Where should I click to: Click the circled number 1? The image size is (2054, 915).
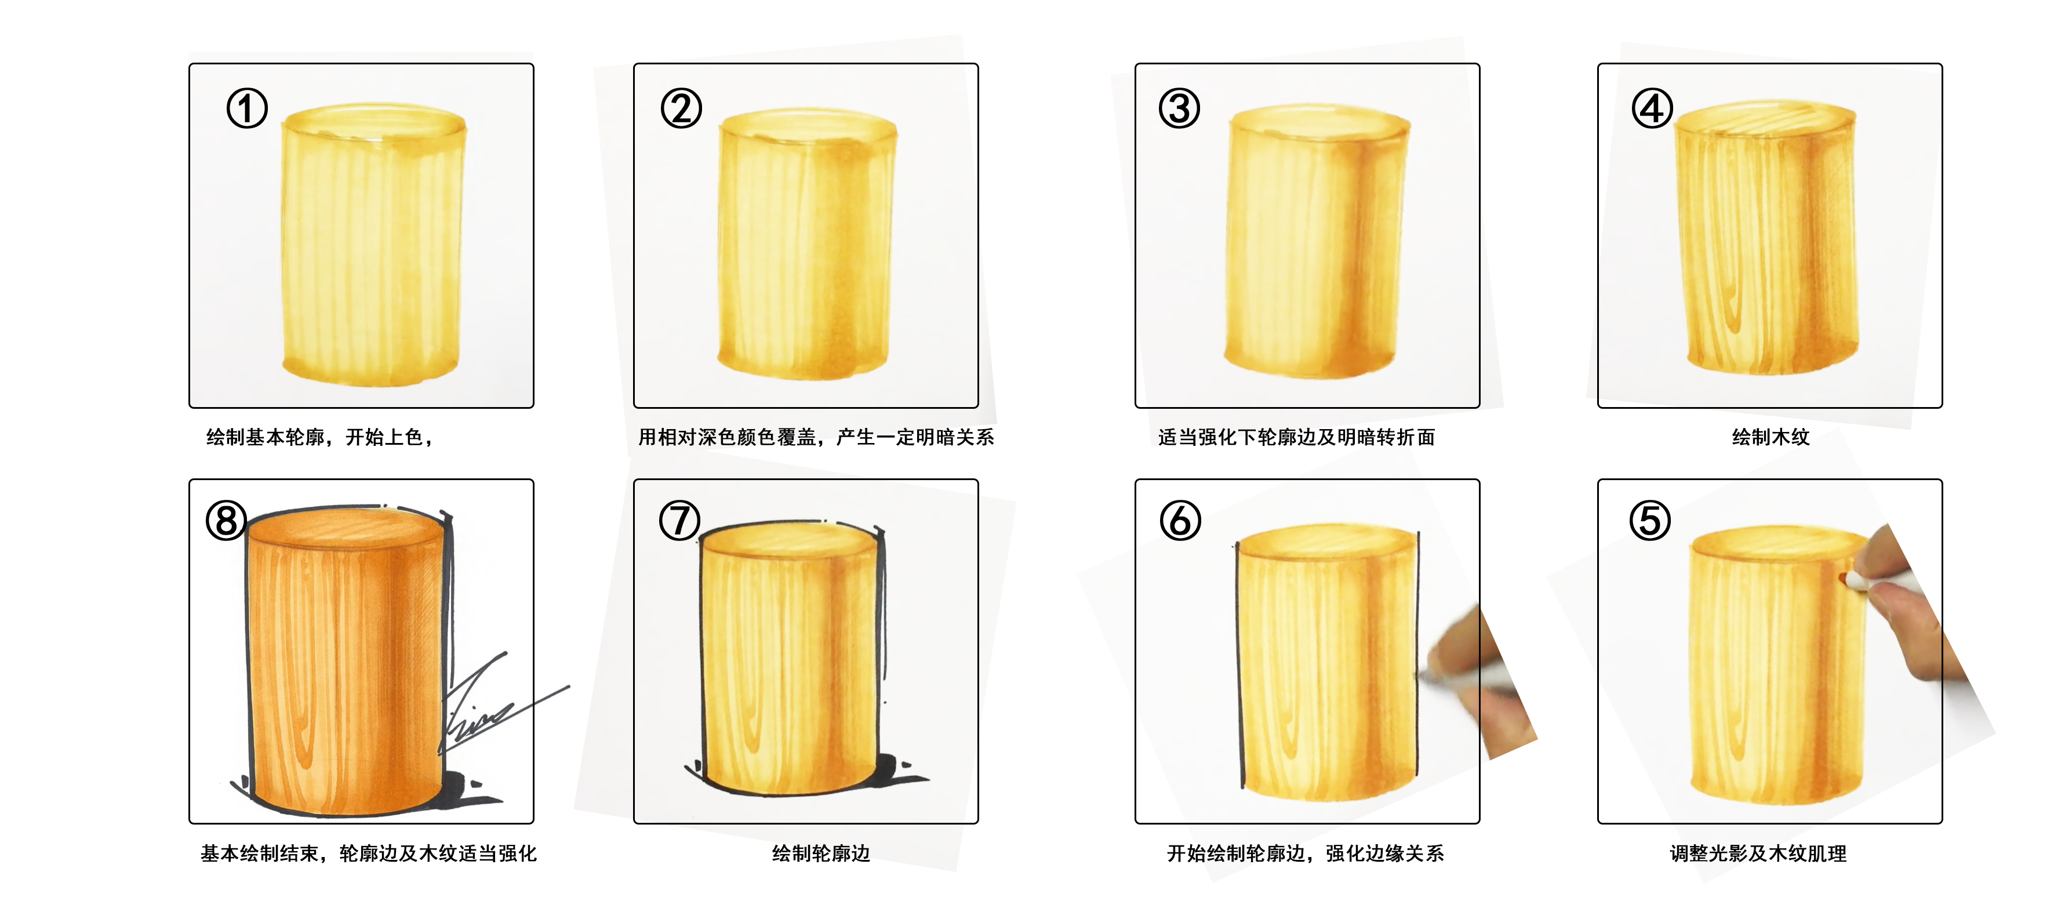[x=247, y=108]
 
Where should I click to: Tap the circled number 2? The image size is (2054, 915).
[x=681, y=108]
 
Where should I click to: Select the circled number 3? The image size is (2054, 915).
[x=1179, y=108]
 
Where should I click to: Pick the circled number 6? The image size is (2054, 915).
[x=1180, y=521]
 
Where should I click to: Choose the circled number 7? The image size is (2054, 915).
[x=679, y=521]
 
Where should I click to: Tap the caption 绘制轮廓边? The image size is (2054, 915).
[x=820, y=854]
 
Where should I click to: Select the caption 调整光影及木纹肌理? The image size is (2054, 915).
[x=1758, y=854]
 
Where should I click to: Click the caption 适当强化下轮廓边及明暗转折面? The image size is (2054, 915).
[x=1296, y=437]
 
